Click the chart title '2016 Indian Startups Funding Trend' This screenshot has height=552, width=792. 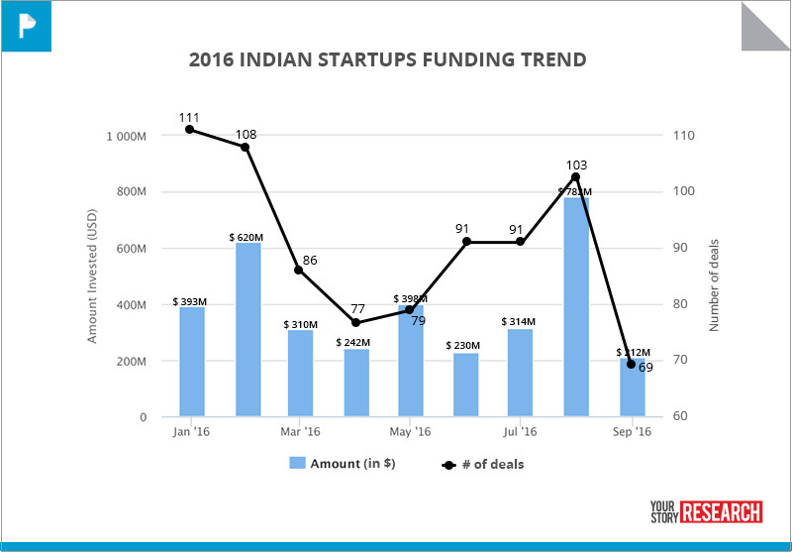click(387, 60)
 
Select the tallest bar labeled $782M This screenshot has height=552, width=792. click(575, 307)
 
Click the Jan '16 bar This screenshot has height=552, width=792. click(192, 362)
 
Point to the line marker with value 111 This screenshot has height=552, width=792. click(189, 129)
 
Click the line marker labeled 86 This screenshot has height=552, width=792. click(299, 270)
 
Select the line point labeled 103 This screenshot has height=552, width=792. click(575, 176)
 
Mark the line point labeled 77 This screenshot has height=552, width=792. click(355, 322)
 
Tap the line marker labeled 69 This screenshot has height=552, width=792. click(631, 364)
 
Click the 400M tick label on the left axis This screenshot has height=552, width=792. click(131, 305)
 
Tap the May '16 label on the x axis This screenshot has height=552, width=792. click(410, 432)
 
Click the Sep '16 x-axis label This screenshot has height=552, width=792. click(631, 432)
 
